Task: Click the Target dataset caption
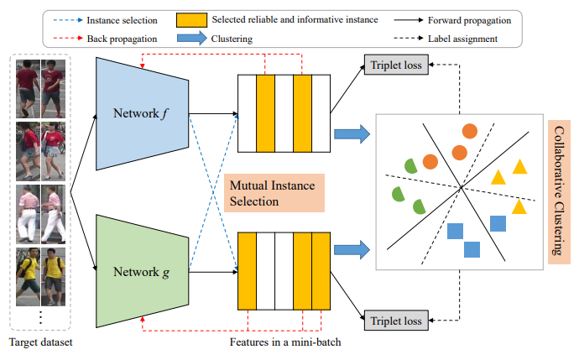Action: coord(40,342)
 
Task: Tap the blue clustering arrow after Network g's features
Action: coord(351,249)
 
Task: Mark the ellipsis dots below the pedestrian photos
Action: coord(41,317)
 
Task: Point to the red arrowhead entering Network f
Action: coord(143,65)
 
